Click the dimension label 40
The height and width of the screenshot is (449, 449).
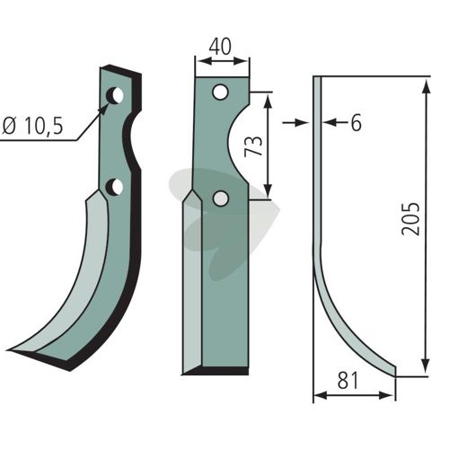pyautogui.click(x=220, y=47)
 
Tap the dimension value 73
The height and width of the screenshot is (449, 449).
pyautogui.click(x=253, y=145)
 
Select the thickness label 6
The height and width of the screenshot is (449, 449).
pyautogui.click(x=356, y=123)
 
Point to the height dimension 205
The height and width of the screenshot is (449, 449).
pyautogui.click(x=410, y=219)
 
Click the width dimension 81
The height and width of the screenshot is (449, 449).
pyautogui.click(x=348, y=381)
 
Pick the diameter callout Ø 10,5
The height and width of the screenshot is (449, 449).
pyautogui.click(x=32, y=126)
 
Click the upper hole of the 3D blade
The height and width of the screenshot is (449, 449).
pyautogui.click(x=115, y=96)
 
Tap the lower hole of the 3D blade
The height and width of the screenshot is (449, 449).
pyautogui.click(x=115, y=187)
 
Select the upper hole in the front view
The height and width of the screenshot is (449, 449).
pyautogui.click(x=220, y=92)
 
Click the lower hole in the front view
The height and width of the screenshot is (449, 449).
pyautogui.click(x=221, y=198)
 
